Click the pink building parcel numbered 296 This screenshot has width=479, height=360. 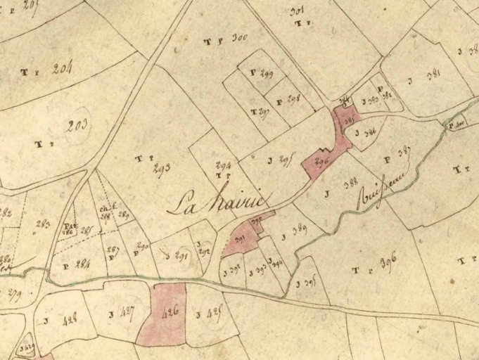322,162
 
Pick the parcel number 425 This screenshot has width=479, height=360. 214,313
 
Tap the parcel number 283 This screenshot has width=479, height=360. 43,225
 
